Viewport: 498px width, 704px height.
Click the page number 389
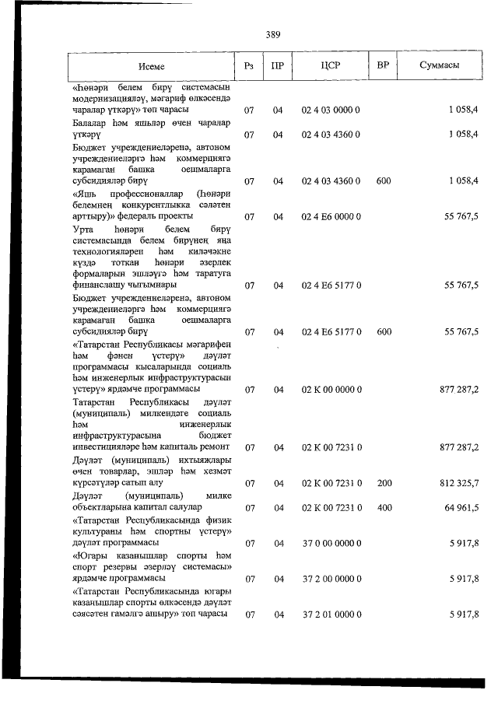272,34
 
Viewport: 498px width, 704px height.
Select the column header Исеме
152,65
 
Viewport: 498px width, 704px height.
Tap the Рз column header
249,65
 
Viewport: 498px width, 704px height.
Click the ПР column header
277,65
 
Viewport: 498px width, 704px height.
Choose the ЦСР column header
331,65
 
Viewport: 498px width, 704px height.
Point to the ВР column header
383,65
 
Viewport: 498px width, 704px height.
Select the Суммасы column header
439,65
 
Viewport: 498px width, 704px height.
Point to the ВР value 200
384,483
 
